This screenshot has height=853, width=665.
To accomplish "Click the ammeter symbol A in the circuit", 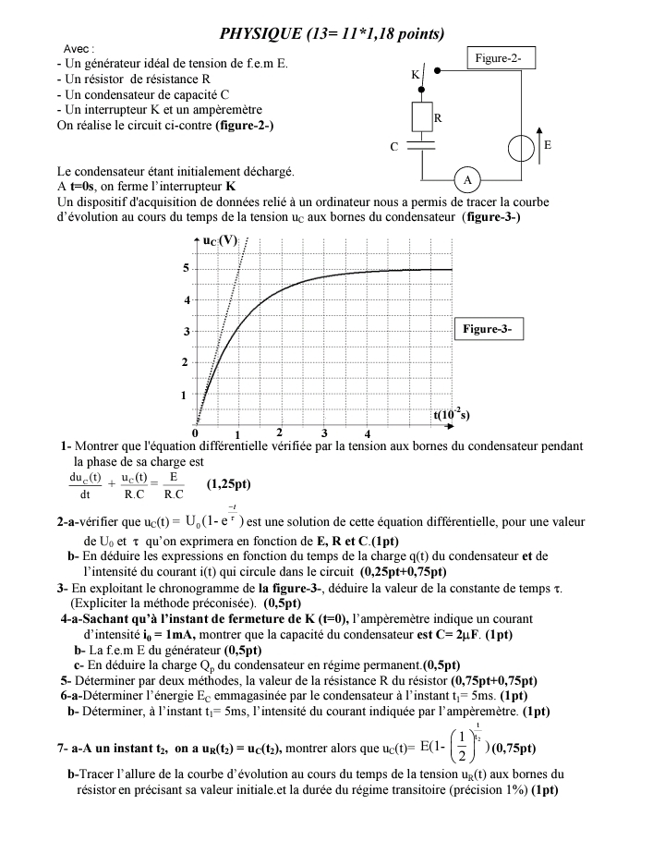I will tap(467, 179).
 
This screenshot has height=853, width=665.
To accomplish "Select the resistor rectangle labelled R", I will tap(423, 117).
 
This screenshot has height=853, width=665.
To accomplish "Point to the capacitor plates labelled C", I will tap(423, 146).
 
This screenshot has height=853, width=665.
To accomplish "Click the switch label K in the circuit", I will tap(415, 73).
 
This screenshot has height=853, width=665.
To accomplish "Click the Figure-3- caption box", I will tap(490, 329).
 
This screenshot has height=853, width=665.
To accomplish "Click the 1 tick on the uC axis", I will tap(184, 395).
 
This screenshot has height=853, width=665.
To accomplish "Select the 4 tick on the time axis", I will tap(368, 433).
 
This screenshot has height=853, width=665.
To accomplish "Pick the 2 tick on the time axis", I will tap(280, 433).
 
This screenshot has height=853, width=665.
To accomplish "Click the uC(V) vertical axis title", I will tap(221, 241).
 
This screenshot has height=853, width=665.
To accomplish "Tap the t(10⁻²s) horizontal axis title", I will tap(452, 415).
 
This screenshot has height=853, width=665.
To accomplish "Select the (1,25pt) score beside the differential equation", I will tap(228, 483).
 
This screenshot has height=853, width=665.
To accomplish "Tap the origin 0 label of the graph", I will tap(195, 433).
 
